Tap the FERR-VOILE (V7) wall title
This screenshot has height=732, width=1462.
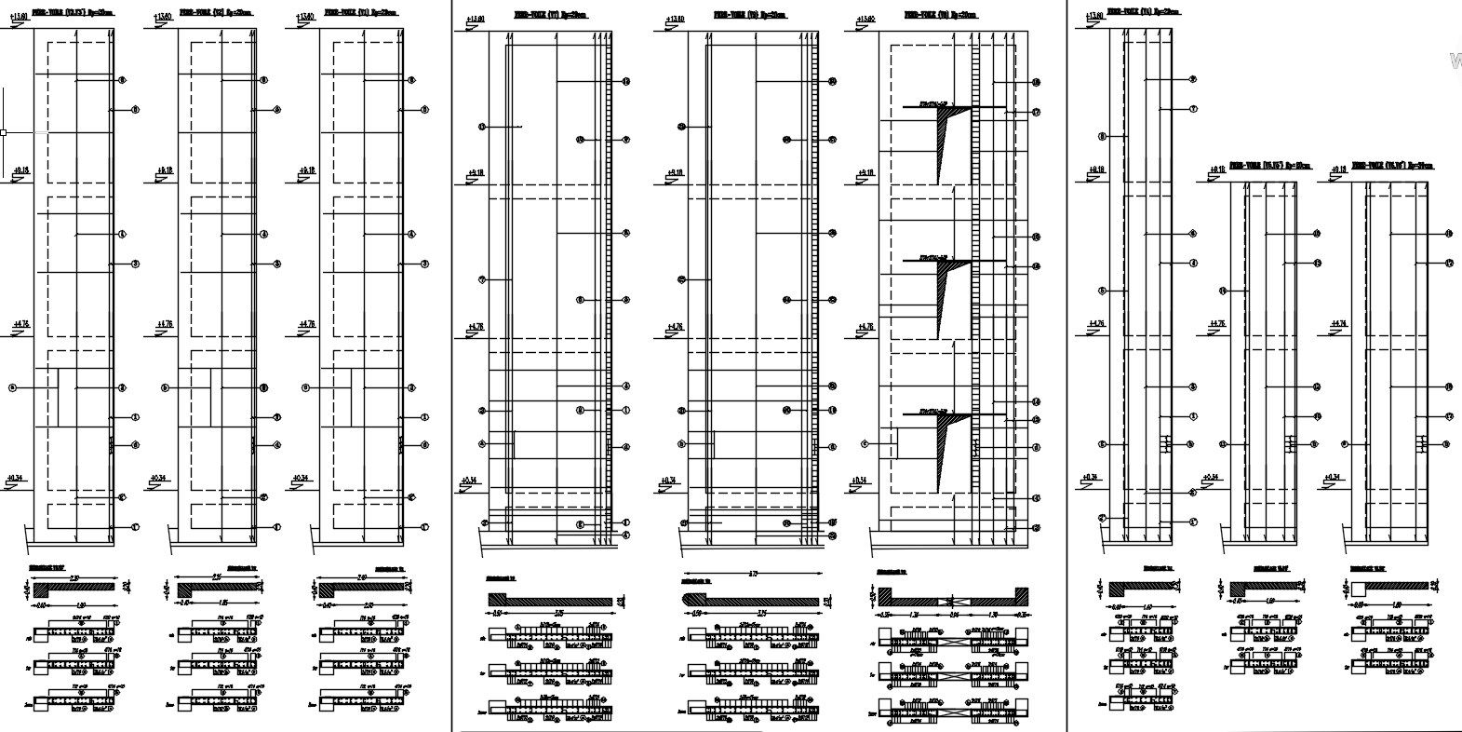[x=551, y=15]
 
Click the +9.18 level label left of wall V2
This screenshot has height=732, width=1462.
[x=165, y=170]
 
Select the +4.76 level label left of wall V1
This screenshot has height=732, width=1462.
[x=307, y=324]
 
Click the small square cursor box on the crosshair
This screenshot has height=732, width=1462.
[x=4, y=132]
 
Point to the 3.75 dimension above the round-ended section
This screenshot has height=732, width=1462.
[x=752, y=573]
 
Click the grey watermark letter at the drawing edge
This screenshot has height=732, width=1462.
[x=1455, y=61]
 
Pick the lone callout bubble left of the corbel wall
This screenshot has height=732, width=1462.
[x=865, y=444]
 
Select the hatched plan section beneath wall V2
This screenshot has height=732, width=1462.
[x=216, y=589]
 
